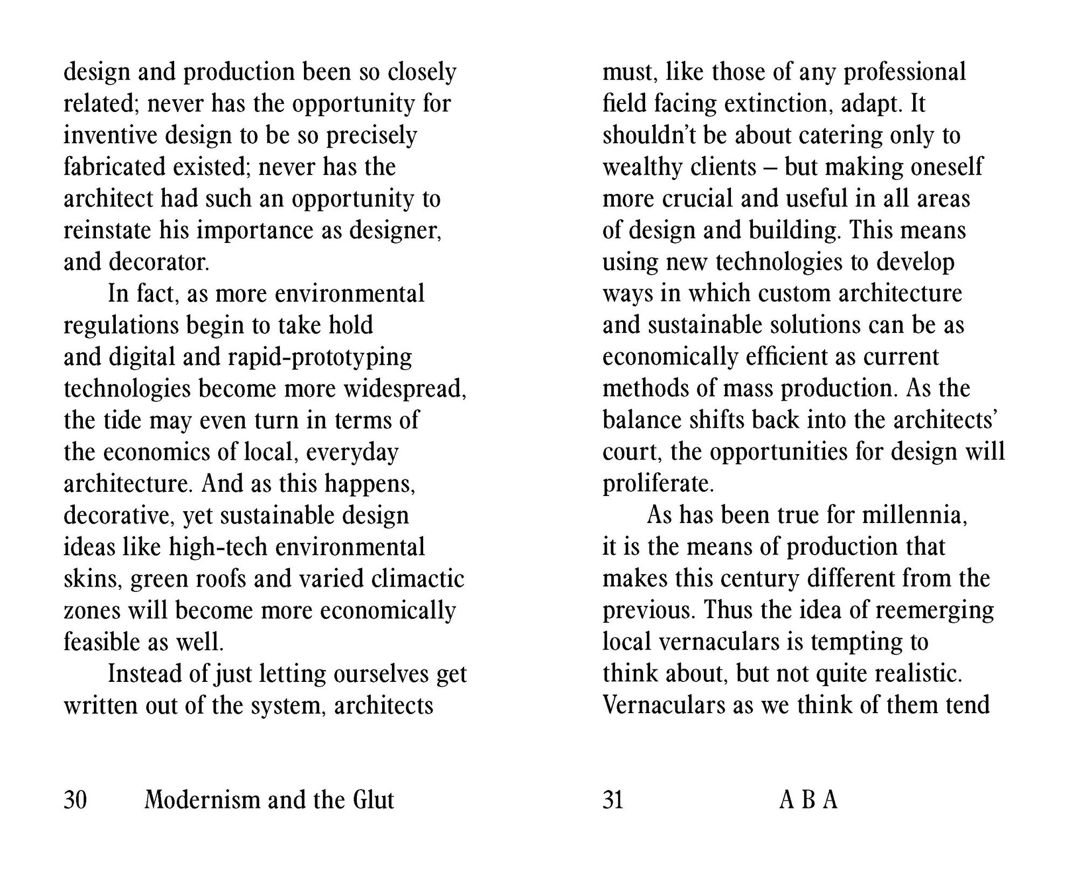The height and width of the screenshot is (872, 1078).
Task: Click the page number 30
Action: [x=75, y=799]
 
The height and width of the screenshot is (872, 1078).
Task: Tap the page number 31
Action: [x=613, y=799]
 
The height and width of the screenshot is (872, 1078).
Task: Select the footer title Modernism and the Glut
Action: [x=269, y=799]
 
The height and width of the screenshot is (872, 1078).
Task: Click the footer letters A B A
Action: [x=808, y=799]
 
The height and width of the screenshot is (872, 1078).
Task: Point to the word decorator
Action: [x=158, y=262]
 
